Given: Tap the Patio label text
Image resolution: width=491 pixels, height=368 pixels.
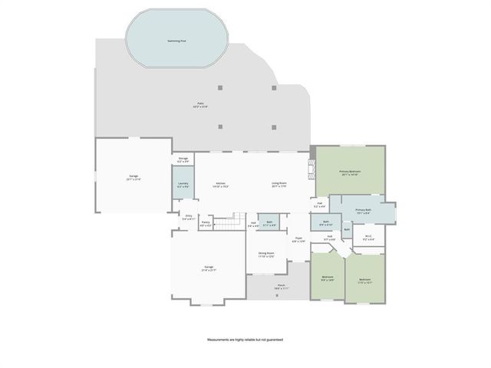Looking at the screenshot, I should pyautogui.click(x=200, y=105).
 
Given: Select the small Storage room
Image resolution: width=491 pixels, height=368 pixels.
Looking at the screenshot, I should pyautogui.click(x=183, y=161).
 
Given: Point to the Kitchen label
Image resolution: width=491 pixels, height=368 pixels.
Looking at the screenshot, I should pyautogui.click(x=220, y=185).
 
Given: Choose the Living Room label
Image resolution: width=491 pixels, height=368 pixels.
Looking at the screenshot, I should pyautogui.click(x=278, y=184).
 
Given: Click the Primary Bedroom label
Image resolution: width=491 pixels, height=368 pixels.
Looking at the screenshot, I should pyautogui.click(x=351, y=173).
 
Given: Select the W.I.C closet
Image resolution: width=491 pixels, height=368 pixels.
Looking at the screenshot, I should pyautogui.click(x=368, y=238).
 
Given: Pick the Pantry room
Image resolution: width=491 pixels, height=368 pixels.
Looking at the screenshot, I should pyautogui.click(x=206, y=224).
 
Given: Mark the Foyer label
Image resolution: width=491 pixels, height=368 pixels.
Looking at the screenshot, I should pyautogui.click(x=299, y=239).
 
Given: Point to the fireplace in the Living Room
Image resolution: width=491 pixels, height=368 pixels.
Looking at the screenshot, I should pyautogui.click(x=311, y=169).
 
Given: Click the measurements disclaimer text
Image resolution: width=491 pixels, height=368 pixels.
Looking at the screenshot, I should pyautogui.click(x=245, y=339).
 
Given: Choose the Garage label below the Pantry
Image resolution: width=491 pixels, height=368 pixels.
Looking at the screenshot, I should pyautogui.click(x=208, y=269).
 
